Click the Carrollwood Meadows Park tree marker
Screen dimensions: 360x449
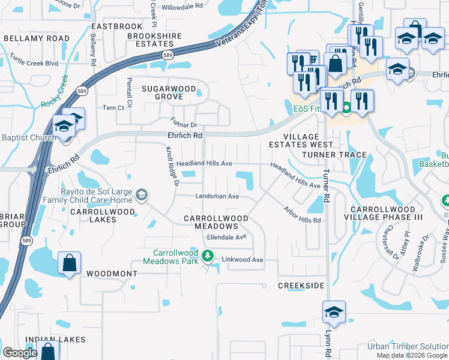coord(208,256)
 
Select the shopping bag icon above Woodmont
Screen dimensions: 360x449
coord(70,263)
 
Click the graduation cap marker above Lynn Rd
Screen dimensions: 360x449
coord(334,313)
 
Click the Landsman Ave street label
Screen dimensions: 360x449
coord(217,196)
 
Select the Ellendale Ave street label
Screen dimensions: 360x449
coord(227,237)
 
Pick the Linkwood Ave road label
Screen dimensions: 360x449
coord(243,260)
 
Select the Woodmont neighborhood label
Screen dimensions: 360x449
coord(112,273)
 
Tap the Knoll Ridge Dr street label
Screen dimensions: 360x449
coord(172,167)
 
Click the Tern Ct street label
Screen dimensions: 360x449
coord(113,108)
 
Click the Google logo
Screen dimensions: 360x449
coord(20,353)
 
